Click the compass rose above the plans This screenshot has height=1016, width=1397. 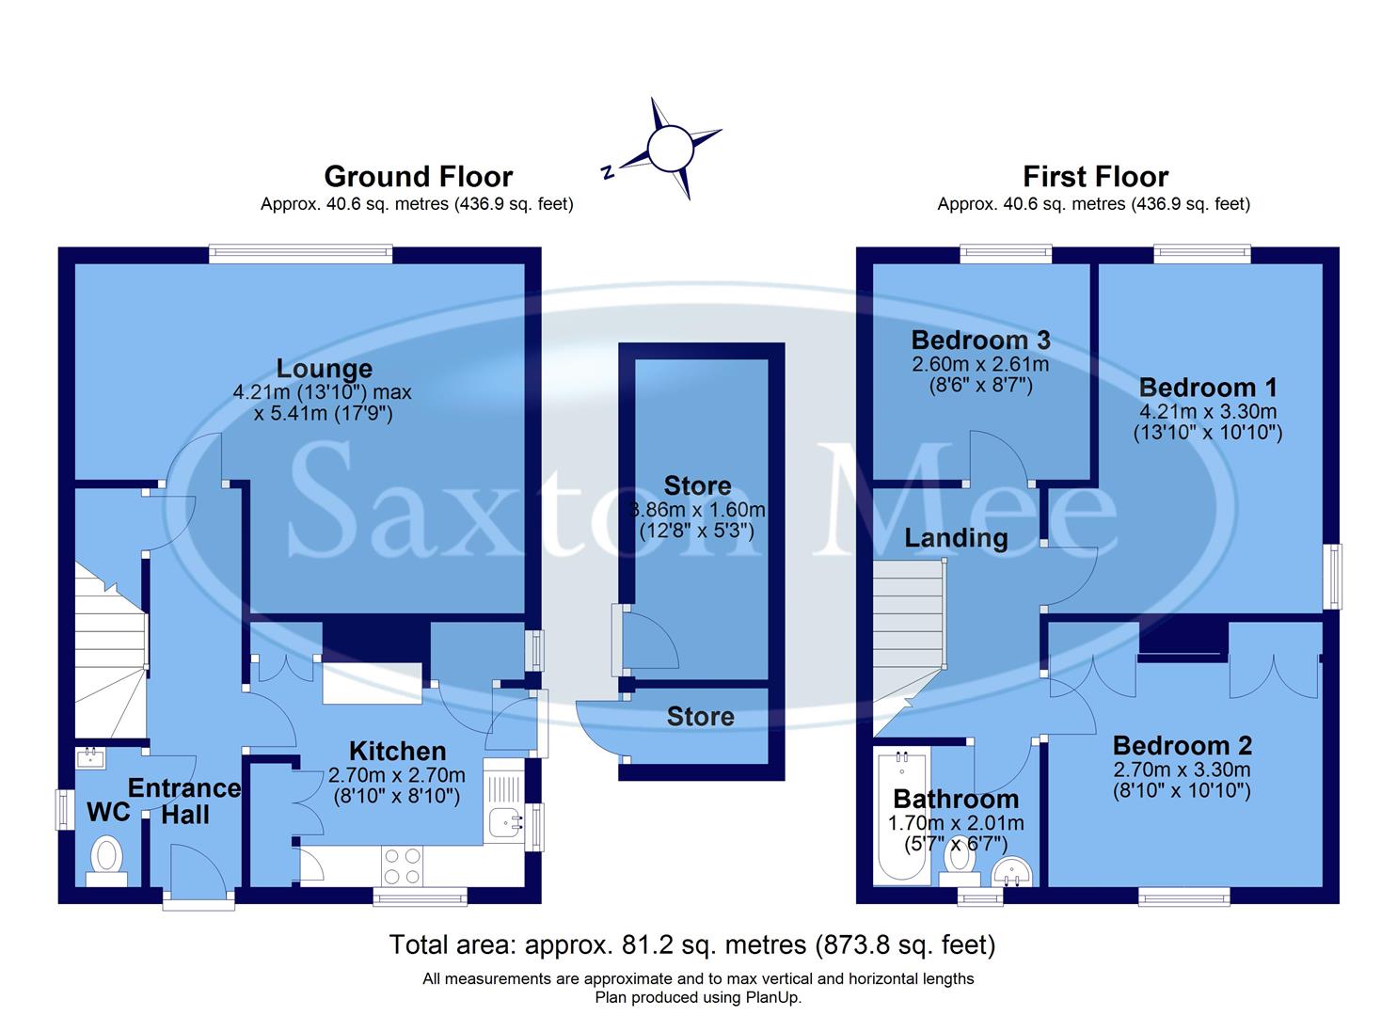click(669, 149)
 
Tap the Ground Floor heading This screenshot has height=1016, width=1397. click(418, 177)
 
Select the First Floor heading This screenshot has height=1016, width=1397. click(1095, 177)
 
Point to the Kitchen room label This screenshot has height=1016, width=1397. click(397, 751)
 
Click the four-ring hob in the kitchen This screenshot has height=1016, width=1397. click(403, 866)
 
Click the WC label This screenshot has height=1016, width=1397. click(108, 813)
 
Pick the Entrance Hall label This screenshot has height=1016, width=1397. click(184, 802)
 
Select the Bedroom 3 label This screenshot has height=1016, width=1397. click(981, 340)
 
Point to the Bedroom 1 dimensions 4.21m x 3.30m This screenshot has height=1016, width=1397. click(1208, 412)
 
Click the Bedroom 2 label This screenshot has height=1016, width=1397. click(1182, 746)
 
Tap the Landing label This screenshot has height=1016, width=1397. click(956, 538)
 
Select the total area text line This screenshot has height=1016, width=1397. click(691, 944)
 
